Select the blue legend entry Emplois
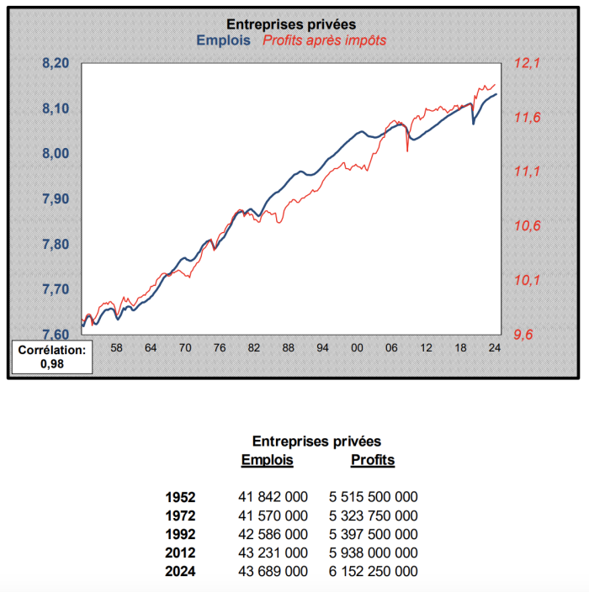[x=223, y=40]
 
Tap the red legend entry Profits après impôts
[x=325, y=40]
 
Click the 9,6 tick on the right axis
[x=523, y=335]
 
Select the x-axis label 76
[x=219, y=347]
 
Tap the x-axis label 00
[x=357, y=347]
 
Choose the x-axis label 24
[x=494, y=347]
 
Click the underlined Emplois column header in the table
[x=267, y=460]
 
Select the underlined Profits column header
[x=372, y=460]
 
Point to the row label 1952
[x=182, y=497]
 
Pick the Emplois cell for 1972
[x=273, y=515]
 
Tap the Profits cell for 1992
[x=373, y=534]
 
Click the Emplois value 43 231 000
[x=273, y=552]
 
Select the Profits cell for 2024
[x=373, y=571]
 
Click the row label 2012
[x=182, y=552]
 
